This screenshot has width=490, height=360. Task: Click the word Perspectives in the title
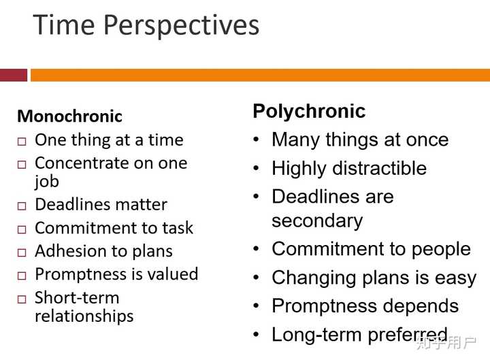181,26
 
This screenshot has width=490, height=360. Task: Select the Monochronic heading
69,116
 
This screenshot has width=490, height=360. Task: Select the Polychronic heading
309,111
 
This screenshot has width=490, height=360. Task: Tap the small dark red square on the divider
14,75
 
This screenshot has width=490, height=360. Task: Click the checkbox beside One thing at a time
22,142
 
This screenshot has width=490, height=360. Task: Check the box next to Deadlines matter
22,206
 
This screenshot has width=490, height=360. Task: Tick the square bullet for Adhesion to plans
22,252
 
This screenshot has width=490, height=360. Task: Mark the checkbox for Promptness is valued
22,276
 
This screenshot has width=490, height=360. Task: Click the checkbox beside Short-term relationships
22,299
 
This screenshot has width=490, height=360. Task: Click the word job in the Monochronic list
47,181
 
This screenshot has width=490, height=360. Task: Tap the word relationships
84,316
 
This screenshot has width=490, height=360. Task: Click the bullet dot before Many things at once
256,140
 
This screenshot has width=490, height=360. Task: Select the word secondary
317,220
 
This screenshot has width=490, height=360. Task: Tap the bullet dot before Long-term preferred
256,334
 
